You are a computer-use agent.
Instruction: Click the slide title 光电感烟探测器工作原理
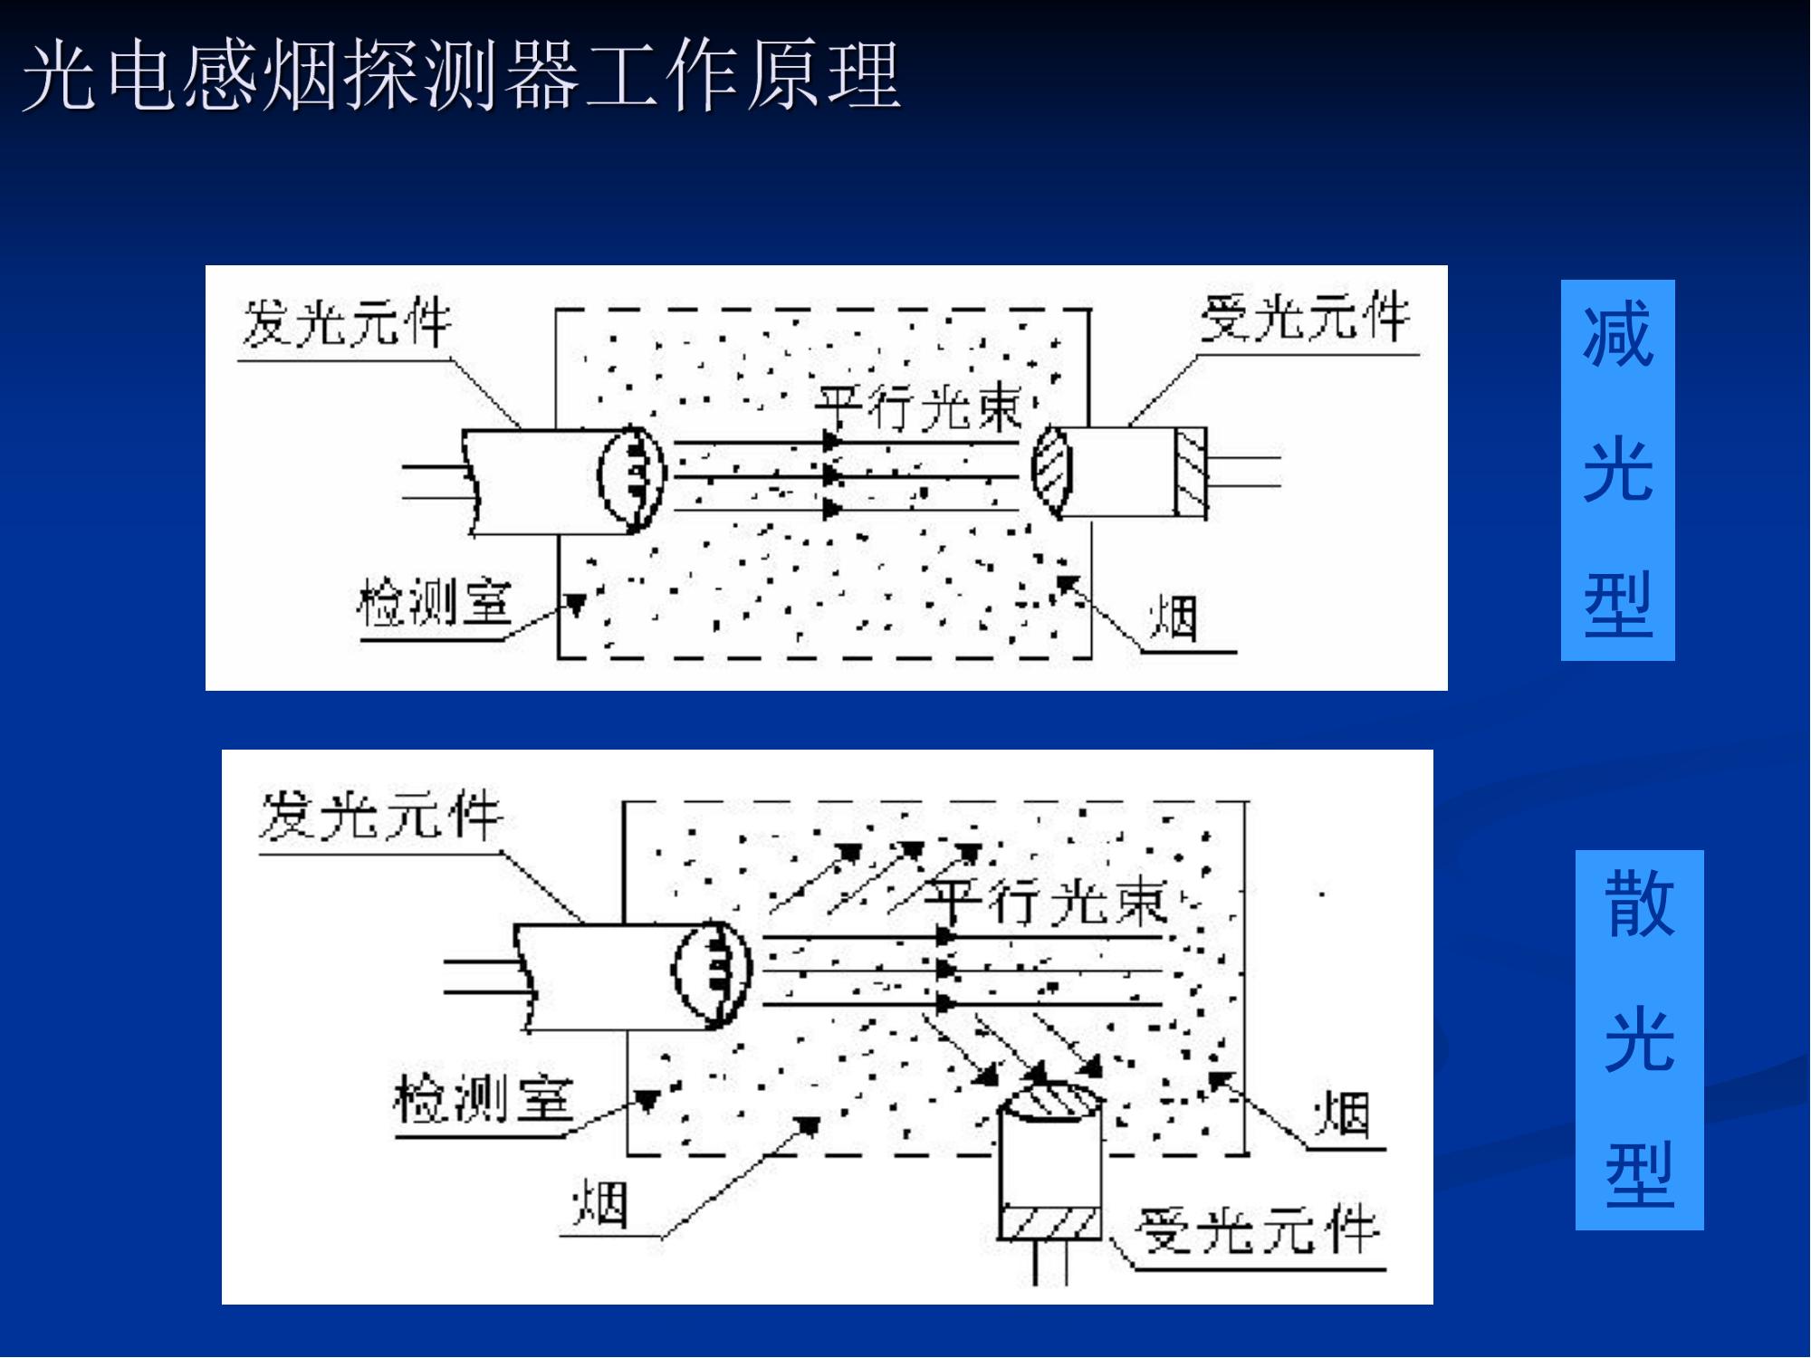coord(462,75)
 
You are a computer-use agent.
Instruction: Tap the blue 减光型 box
coord(1617,470)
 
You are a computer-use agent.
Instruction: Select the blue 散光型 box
coord(1639,1039)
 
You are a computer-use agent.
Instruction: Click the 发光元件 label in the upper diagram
coord(347,322)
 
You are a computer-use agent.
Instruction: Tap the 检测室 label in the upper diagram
coord(435,602)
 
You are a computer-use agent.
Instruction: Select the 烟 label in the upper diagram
coord(1174,618)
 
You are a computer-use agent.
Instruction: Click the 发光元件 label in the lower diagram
coord(380,815)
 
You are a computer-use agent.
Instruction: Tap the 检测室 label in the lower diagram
coord(484,1098)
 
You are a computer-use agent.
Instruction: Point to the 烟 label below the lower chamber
coord(600,1204)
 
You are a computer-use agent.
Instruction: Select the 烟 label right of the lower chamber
coord(1342,1114)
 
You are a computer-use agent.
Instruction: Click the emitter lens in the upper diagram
coord(632,476)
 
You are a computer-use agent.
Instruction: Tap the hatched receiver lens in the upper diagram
coord(1052,471)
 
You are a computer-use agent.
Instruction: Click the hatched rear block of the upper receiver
coord(1191,473)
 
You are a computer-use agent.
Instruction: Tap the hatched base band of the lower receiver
coord(1050,1222)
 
